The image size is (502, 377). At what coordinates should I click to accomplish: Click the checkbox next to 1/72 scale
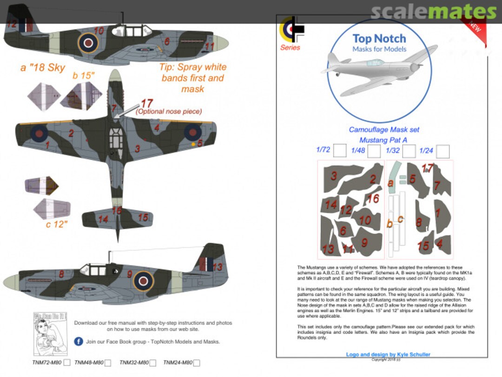tap(340, 151)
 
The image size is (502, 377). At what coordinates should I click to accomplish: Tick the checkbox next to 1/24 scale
tap(443, 151)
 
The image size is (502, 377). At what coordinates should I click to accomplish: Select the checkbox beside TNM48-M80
tap(108, 363)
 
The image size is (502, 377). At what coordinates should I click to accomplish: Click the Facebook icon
tap(79, 342)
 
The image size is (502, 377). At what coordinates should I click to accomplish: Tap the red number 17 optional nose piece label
tap(147, 103)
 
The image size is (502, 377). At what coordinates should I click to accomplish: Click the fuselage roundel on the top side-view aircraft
tap(88, 43)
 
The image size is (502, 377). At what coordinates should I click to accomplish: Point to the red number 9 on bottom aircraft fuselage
tap(130, 275)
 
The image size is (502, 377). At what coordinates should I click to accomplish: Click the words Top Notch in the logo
tap(379, 39)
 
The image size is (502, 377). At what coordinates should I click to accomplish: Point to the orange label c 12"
tap(57, 224)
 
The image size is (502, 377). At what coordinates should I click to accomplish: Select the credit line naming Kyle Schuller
tap(388, 354)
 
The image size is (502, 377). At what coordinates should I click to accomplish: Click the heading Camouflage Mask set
tap(377, 130)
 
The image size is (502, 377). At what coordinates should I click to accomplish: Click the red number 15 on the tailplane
tap(143, 217)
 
